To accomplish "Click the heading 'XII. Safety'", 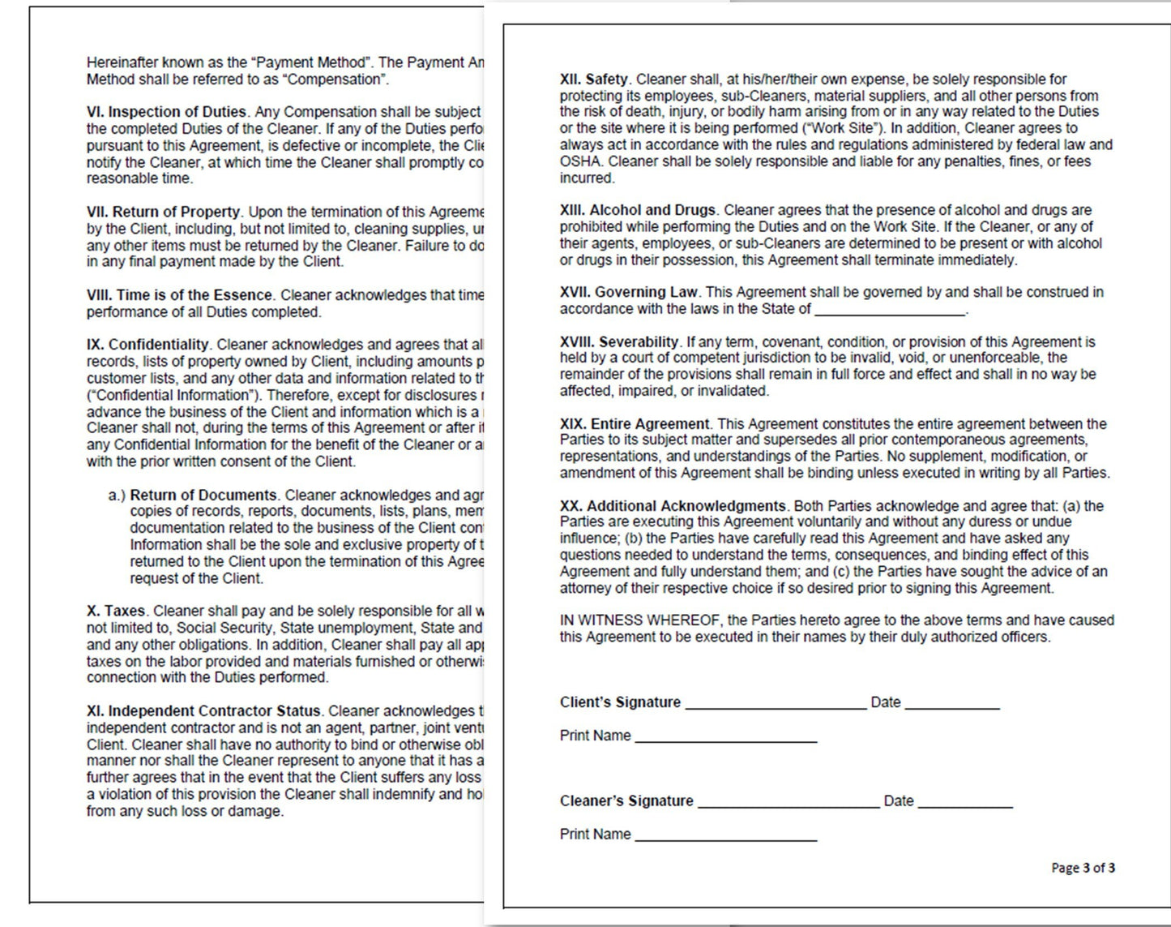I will [594, 79].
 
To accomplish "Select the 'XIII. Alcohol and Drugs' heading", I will [638, 210].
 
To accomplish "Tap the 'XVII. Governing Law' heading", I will [629, 292].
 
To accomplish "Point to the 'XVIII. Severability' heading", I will [619, 342].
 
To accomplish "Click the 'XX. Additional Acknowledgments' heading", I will [673, 506].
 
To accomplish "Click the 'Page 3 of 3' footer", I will [1083, 868].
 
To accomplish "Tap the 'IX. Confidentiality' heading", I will [148, 345].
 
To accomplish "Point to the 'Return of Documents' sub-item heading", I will [203, 495].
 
